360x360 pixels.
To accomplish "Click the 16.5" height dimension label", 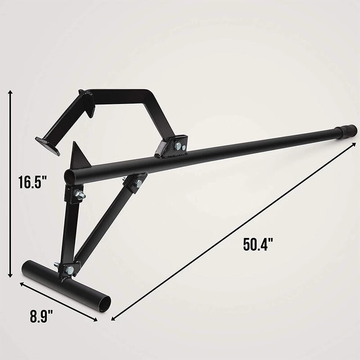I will point(33,182).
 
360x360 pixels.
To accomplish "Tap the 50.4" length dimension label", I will point(258,244).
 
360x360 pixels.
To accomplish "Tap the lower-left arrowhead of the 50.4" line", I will point(112,318).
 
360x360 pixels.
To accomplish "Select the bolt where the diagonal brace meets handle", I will point(137,183).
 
